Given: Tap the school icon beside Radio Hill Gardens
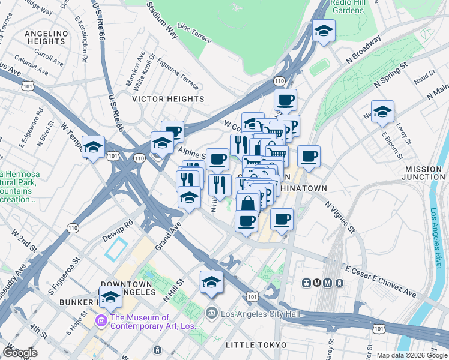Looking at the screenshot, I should (x=324, y=32).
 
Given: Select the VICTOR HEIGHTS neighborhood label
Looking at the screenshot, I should (x=168, y=99).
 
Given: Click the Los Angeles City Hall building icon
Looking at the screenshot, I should (x=211, y=313).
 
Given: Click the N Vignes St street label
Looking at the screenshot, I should (x=340, y=217).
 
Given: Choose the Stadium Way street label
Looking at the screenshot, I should (x=162, y=21).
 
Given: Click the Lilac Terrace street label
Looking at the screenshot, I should (x=194, y=38).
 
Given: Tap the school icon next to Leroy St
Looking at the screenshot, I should (x=382, y=112).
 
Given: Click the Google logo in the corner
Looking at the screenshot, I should (x=19, y=353).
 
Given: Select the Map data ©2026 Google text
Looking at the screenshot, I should (x=412, y=355).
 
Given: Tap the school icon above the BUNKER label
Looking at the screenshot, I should (x=110, y=296).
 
